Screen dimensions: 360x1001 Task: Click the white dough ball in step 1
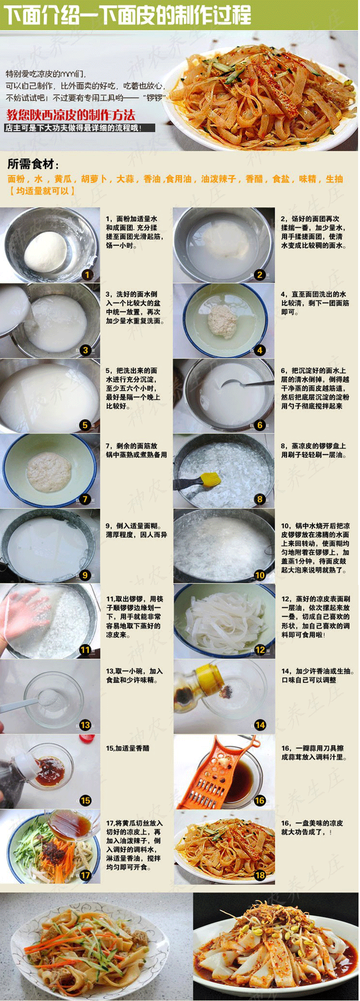(x=46, y=252)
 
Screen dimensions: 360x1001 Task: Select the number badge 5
(x=85, y=425)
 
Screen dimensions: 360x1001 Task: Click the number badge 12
(x=260, y=650)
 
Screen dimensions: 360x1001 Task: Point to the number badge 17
(x=85, y=875)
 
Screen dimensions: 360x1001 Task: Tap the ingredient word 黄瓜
(x=62, y=179)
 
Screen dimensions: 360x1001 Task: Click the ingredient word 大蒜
(x=125, y=179)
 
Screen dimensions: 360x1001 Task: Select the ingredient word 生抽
(x=334, y=179)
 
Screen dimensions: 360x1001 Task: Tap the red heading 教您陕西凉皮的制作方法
(x=71, y=115)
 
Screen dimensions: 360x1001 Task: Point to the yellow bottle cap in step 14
(x=204, y=672)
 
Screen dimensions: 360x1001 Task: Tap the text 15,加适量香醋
(x=127, y=748)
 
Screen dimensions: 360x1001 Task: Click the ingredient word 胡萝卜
(x=94, y=179)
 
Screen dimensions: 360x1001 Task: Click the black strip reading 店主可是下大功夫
(x=80, y=128)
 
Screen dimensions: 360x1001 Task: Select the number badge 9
(x=85, y=575)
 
